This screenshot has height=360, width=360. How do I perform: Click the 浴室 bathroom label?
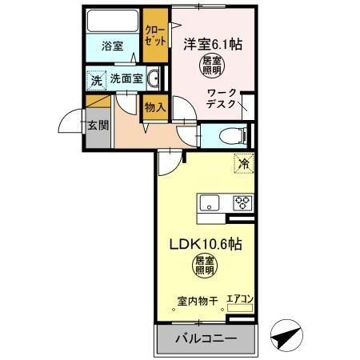(x=112, y=46)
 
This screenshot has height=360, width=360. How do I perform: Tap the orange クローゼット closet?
(x=155, y=37)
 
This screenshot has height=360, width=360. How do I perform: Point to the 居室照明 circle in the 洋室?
(x=211, y=66)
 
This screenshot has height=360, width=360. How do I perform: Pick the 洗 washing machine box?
(x=95, y=80)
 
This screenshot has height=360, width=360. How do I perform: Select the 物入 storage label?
(x=155, y=104)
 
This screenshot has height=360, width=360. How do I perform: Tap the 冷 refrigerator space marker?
(x=243, y=163)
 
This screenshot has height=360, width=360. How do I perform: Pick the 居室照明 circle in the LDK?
(x=205, y=266)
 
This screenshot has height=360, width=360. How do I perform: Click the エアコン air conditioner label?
(x=239, y=300)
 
